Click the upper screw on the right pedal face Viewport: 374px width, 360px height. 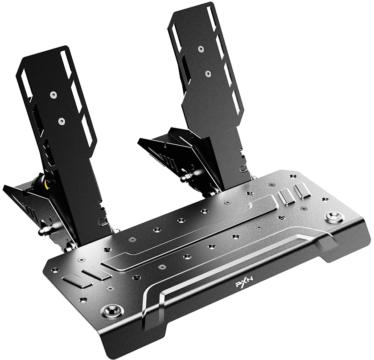pos(201,49)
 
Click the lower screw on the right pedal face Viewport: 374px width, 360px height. pos(208,74)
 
